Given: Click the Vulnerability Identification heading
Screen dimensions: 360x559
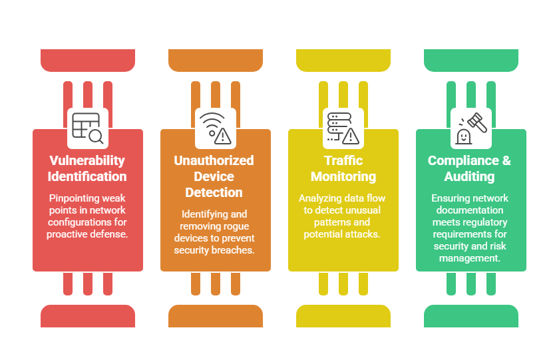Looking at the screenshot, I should pyautogui.click(x=88, y=168).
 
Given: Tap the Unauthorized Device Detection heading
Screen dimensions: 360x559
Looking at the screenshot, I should pyautogui.click(x=214, y=176).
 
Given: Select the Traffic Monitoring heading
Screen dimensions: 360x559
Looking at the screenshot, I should pyautogui.click(x=343, y=168).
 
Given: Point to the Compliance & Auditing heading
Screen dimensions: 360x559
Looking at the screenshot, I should pyautogui.click(x=470, y=168).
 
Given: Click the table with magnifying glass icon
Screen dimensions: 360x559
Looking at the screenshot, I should pyautogui.click(x=88, y=128).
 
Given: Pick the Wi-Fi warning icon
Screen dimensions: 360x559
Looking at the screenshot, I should pyautogui.click(x=215, y=128).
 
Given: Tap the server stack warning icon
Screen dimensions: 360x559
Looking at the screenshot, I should pyautogui.click(x=343, y=128).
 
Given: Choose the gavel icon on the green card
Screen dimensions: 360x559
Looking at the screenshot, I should pyautogui.click(x=470, y=128).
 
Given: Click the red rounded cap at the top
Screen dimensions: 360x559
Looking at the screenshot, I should pyautogui.click(x=88, y=61).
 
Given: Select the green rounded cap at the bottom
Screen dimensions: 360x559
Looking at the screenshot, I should pyautogui.click(x=470, y=316).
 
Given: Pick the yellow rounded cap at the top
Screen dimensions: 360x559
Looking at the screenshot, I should pyautogui.click(x=343, y=61).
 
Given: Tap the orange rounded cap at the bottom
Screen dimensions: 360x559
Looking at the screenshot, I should pyautogui.click(x=215, y=316).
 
